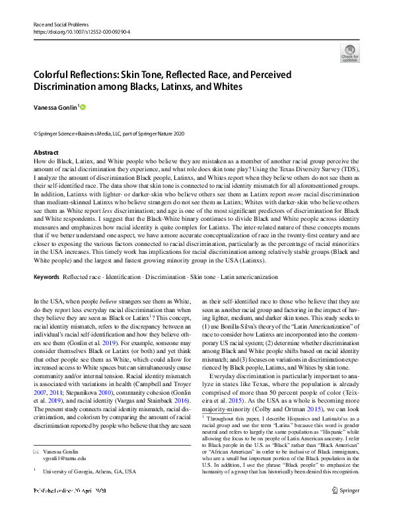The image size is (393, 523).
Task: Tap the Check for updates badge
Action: click(x=349, y=53)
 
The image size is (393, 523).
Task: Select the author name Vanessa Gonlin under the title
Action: click(x=55, y=107)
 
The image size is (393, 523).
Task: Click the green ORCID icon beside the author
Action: click(x=83, y=107)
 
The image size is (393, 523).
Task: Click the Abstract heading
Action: click(x=46, y=153)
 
